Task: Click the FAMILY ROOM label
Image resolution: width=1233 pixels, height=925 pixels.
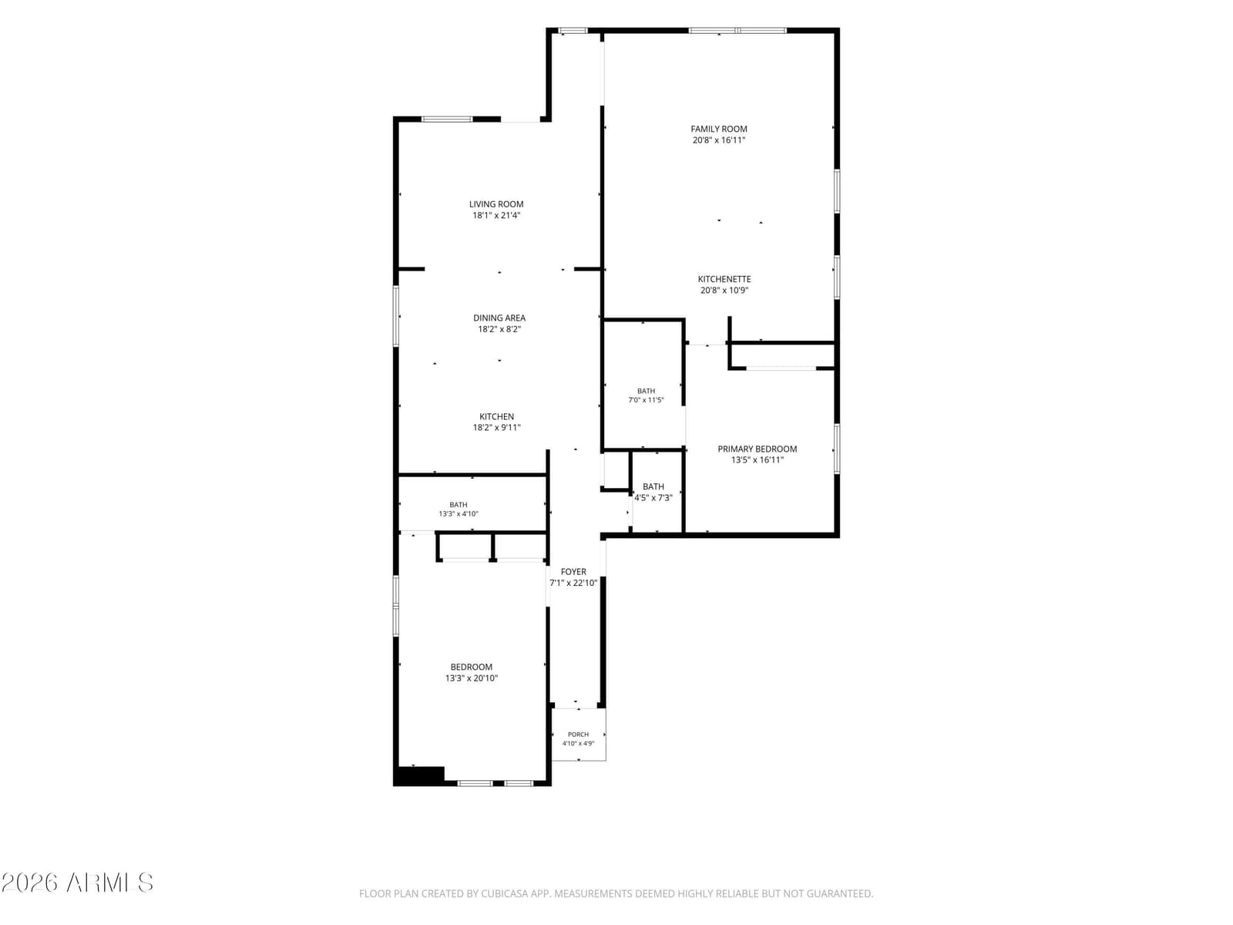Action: [718, 129]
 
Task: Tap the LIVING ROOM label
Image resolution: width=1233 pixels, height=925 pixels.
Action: [496, 203]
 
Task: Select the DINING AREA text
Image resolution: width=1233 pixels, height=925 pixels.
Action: [499, 318]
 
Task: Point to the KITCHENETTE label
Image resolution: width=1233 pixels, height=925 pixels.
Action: [724, 278]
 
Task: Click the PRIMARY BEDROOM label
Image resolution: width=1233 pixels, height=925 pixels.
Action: [757, 448]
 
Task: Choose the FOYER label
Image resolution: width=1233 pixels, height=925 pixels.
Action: [573, 571]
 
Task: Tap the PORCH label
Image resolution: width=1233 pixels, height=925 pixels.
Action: [578, 734]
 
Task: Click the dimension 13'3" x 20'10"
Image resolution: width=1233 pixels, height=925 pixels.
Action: [471, 678]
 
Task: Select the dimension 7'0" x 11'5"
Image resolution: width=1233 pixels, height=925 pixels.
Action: [646, 400]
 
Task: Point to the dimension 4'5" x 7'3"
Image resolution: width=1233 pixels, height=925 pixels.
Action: [653, 497]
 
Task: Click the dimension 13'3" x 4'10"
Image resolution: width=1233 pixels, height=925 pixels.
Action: [458, 513]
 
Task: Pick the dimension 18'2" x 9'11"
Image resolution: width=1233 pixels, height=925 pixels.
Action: [496, 427]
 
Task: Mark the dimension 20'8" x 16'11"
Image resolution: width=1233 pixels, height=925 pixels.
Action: [718, 140]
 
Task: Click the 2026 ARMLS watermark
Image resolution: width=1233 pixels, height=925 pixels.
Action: [77, 883]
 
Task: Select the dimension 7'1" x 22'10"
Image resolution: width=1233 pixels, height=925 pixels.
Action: [573, 583]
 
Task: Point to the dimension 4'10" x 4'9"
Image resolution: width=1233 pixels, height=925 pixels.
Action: [578, 743]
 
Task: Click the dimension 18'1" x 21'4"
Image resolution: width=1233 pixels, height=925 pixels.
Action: [496, 215]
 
